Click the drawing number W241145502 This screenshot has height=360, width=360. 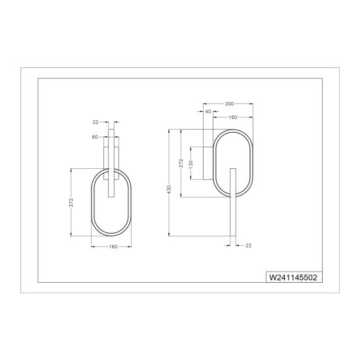point(293,278)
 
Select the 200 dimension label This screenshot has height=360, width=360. point(229,104)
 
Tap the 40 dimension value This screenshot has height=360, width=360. point(208,111)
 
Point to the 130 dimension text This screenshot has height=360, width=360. point(190,164)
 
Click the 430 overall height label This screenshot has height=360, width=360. point(170,189)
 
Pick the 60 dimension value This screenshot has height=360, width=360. point(95,137)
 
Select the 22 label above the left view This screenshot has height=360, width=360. point(96,122)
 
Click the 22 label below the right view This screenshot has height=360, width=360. point(249,245)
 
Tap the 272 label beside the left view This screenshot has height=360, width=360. point(71,202)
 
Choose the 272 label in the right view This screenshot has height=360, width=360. point(181,163)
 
